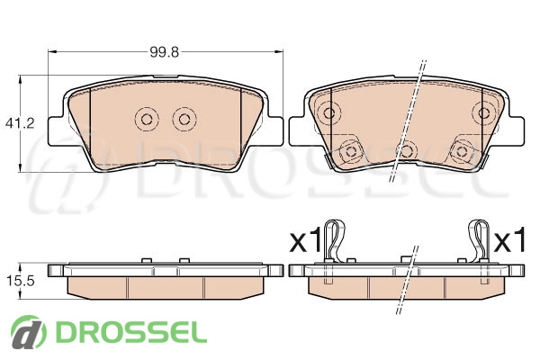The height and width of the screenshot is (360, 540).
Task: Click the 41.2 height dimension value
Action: pos(20,123)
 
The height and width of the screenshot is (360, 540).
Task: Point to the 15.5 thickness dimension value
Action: pos(20,281)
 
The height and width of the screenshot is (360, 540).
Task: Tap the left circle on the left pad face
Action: pos(147,119)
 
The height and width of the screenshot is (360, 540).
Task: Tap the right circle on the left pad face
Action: pos(184,119)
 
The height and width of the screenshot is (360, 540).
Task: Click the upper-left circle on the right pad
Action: pos(329,112)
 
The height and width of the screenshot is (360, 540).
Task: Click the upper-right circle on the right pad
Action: pos(485,112)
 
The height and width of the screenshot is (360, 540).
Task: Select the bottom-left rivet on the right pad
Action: pos(351,151)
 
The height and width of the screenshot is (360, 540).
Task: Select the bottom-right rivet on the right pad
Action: pos(463,151)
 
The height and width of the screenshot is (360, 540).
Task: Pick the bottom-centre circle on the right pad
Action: pos(407,151)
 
